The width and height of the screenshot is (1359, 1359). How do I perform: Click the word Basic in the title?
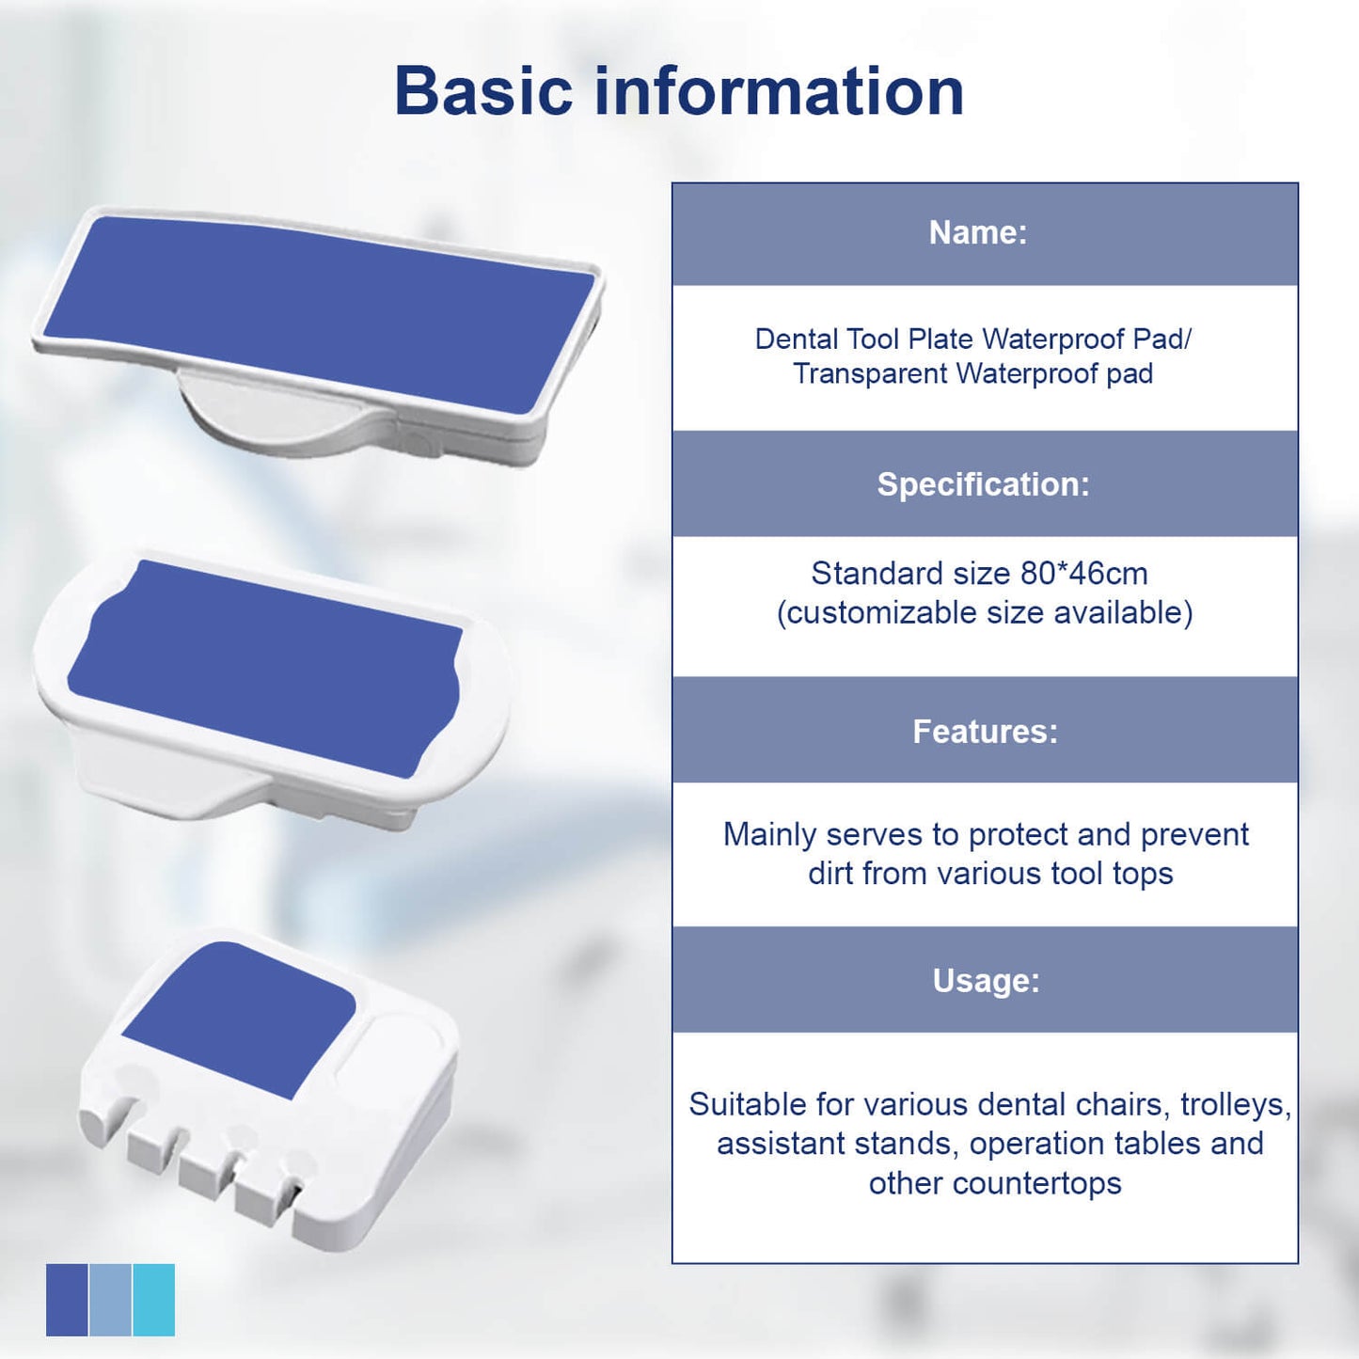pos(483,91)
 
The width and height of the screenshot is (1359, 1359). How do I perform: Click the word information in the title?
pos(780,91)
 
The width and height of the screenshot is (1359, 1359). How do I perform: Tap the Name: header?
pos(978,232)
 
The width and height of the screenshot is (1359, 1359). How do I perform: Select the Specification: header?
pos(984,484)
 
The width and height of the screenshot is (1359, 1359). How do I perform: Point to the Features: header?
pos(986,732)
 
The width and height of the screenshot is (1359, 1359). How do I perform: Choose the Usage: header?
pos(986,980)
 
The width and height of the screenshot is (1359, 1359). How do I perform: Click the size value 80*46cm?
pos(1084,574)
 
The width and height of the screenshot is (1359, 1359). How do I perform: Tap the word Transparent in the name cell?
pos(870,373)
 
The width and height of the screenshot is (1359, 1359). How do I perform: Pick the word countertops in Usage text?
pos(1036,1183)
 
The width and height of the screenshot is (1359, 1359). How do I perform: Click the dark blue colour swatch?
pos(67,1300)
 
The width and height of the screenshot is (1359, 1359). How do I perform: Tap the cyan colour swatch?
pos(153,1300)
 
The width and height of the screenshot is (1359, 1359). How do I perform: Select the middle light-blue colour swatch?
pos(110,1300)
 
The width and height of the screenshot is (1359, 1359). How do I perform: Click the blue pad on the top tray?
pos(319,314)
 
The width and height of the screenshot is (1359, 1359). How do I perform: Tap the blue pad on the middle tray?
pos(264,669)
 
